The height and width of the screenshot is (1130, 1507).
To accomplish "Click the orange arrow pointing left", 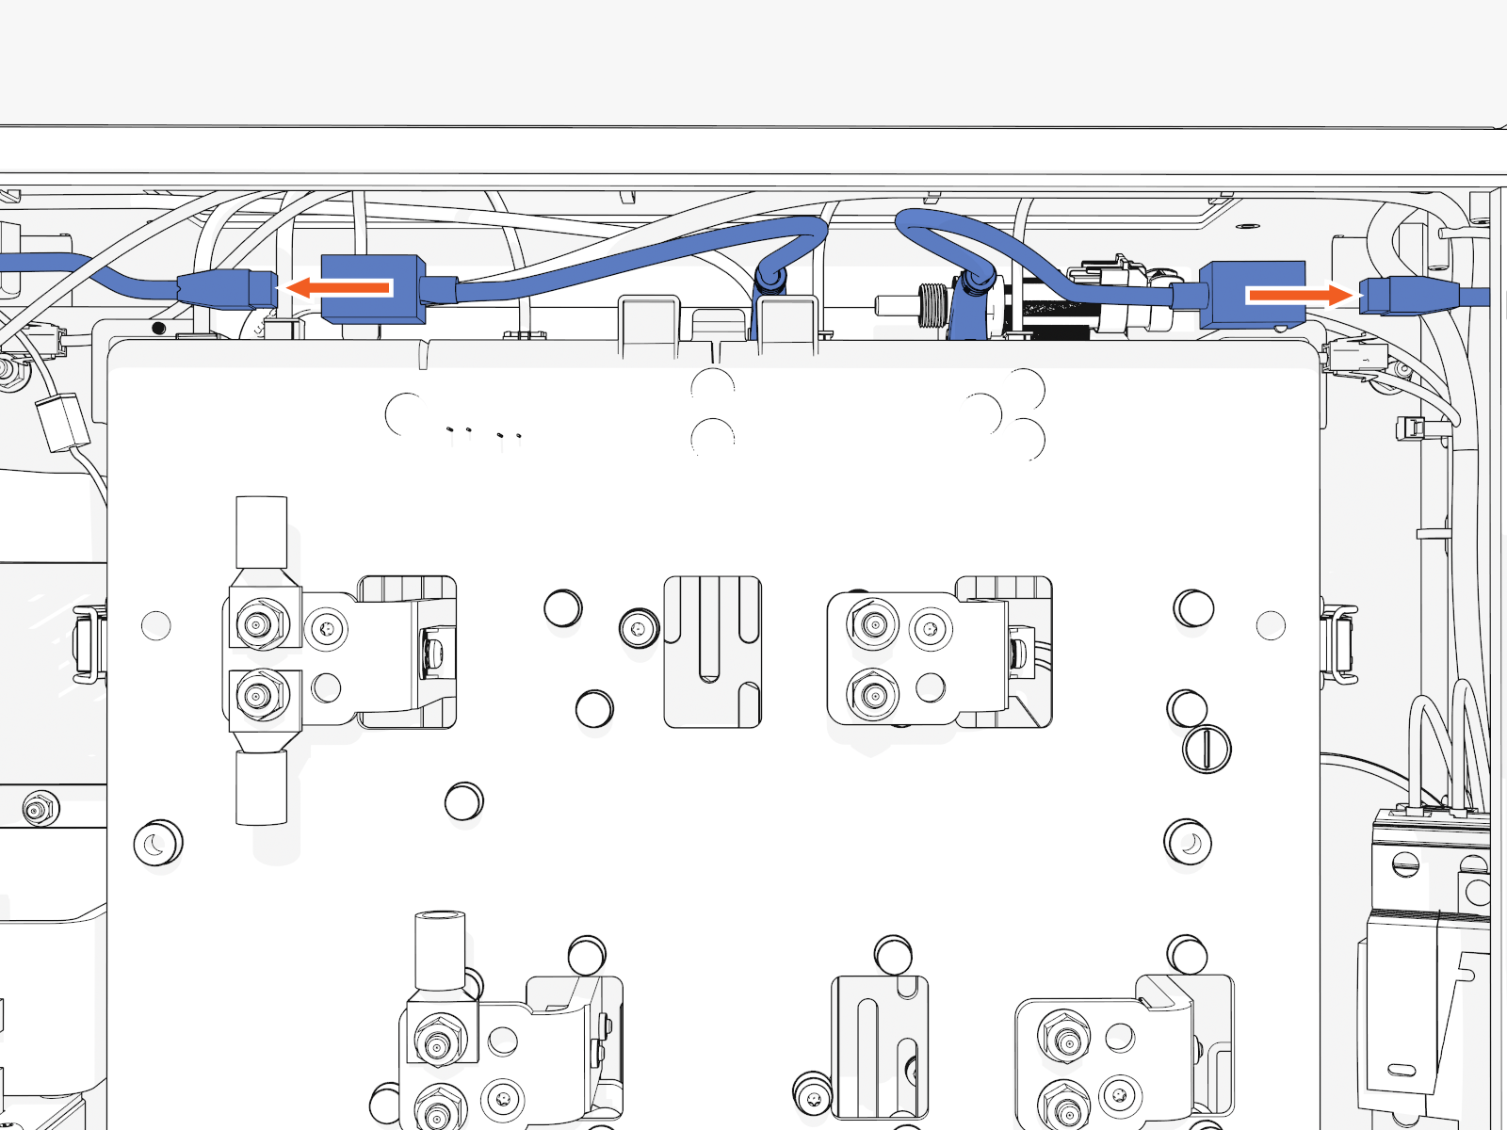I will pos(339,287).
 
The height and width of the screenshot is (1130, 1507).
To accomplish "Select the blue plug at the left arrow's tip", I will pos(226,288).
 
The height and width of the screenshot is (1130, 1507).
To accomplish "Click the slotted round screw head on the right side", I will pos(1207,750).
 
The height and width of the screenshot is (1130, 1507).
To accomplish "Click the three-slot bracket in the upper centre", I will pos(712,652).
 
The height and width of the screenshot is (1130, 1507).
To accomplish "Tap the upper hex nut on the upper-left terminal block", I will pos(257,623).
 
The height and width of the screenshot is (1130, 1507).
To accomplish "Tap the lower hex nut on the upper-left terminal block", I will pos(257,697).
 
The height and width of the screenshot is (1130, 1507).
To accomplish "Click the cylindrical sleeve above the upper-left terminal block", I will pos(261,532).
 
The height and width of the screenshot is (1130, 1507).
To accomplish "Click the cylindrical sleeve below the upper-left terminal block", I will pos(261,787).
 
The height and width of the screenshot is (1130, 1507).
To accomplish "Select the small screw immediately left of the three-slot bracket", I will pos(639,627).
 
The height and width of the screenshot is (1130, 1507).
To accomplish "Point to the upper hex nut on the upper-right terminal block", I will pos(874,624).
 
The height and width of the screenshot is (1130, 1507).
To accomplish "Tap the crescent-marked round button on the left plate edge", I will pos(157,844).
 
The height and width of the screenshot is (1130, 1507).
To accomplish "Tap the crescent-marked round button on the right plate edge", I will pos(1189,842).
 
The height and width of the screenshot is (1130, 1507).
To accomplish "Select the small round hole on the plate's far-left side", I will pos(155,625).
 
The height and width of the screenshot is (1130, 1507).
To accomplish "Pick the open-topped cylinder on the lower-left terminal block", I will pos(440,949).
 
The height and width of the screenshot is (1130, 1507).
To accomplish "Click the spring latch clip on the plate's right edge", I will pos(1337,643).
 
